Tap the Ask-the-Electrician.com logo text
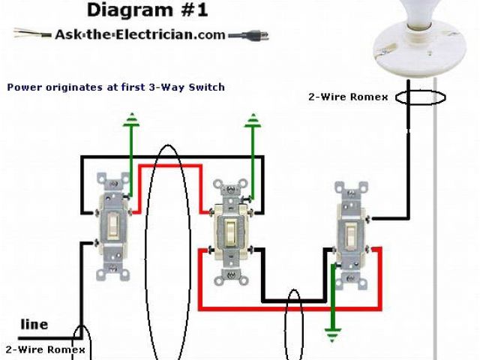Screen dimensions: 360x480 (140, 34)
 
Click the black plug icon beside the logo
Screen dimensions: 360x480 (247, 35)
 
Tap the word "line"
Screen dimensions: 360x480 (34, 325)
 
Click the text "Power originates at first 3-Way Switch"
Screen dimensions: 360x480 (116, 87)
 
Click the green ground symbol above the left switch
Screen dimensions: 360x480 (132, 118)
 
